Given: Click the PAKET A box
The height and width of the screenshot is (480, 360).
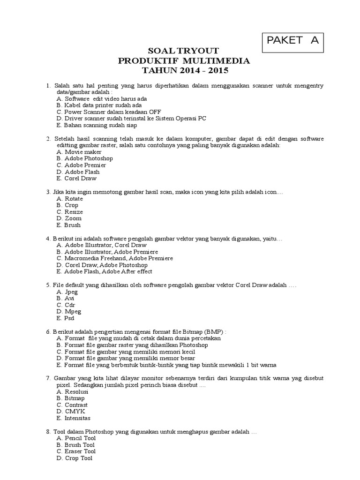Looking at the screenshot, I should [292, 41].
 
